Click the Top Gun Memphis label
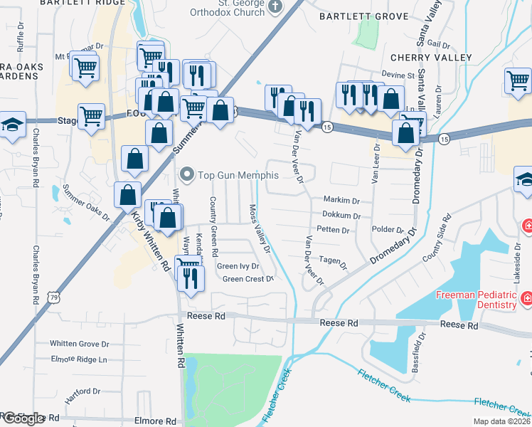tap(227, 174)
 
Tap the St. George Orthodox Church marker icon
tap(278, 7)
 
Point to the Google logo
tap(23, 418)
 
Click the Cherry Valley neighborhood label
tap(431, 57)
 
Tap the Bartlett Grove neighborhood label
tap(363, 16)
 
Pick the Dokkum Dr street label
tap(341, 214)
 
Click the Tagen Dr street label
tap(333, 261)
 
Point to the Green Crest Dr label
tap(248, 279)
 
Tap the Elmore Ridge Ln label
tap(78, 360)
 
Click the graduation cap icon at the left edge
tap(12, 125)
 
